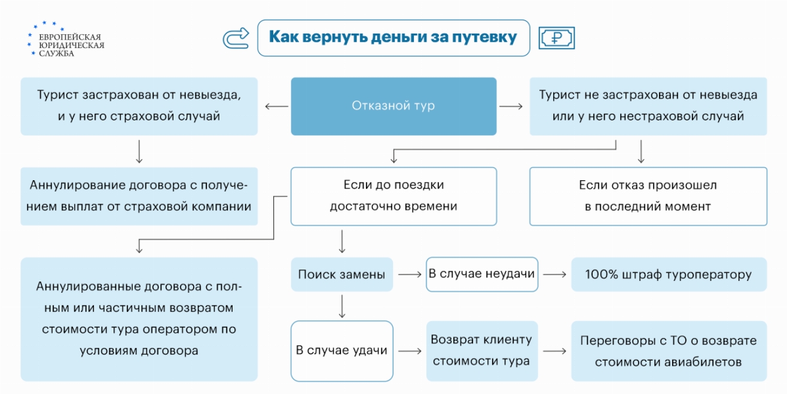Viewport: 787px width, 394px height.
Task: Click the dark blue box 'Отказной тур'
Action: [x=393, y=106]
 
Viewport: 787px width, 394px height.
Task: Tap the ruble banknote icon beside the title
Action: [x=556, y=38]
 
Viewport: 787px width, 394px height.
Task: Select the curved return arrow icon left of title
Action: [x=235, y=38]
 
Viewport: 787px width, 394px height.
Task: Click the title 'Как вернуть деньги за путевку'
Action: [x=393, y=38]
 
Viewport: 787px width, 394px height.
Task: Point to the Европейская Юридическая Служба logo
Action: [x=65, y=40]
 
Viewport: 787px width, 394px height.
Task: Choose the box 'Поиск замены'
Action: [x=341, y=275]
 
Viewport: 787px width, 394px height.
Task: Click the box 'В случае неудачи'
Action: [x=481, y=274]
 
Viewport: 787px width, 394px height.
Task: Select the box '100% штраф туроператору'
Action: [x=668, y=275]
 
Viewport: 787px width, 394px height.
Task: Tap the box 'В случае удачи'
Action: [x=341, y=351]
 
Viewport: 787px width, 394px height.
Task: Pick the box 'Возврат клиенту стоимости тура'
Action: [x=481, y=351]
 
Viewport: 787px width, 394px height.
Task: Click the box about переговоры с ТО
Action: [x=668, y=351]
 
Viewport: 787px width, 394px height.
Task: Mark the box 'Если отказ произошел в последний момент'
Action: [x=648, y=196]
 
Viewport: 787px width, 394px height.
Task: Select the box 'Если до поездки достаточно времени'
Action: [x=393, y=196]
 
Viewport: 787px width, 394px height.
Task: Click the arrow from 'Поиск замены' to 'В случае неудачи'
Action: [x=410, y=275]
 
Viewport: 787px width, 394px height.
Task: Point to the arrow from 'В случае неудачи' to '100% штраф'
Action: [x=554, y=275]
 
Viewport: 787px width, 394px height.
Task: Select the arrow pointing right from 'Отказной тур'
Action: [x=511, y=107]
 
